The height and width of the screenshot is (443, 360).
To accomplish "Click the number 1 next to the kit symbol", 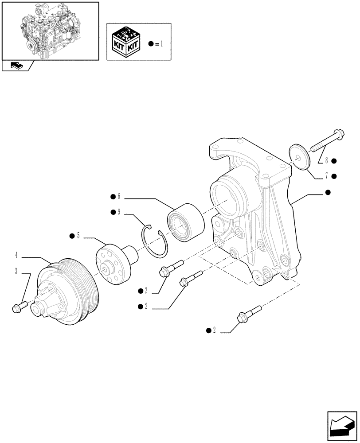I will click(162, 44).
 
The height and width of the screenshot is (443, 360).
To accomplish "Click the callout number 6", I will click(118, 197).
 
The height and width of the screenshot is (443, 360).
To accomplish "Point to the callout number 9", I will click(118, 213).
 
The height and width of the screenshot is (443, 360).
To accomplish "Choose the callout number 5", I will click(78, 236).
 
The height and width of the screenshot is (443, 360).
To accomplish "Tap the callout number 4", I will click(16, 255).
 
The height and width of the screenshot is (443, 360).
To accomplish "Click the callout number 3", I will click(16, 272).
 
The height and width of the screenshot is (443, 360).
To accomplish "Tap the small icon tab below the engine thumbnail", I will click(16, 66).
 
